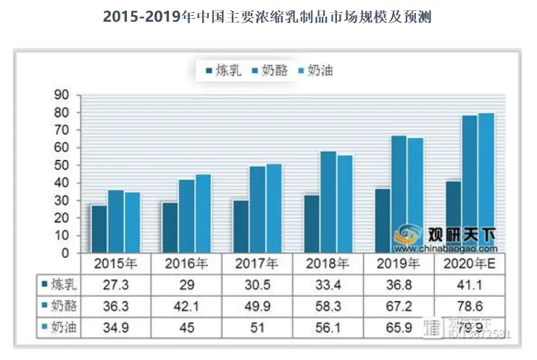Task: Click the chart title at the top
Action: [x=267, y=17]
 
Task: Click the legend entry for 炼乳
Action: [x=221, y=70]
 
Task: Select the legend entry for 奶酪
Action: [x=269, y=70]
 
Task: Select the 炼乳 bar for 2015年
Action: [x=99, y=229]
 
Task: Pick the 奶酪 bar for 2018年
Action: [x=328, y=202]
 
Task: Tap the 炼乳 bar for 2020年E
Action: [x=453, y=217]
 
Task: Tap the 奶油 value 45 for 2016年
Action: [x=187, y=327]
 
